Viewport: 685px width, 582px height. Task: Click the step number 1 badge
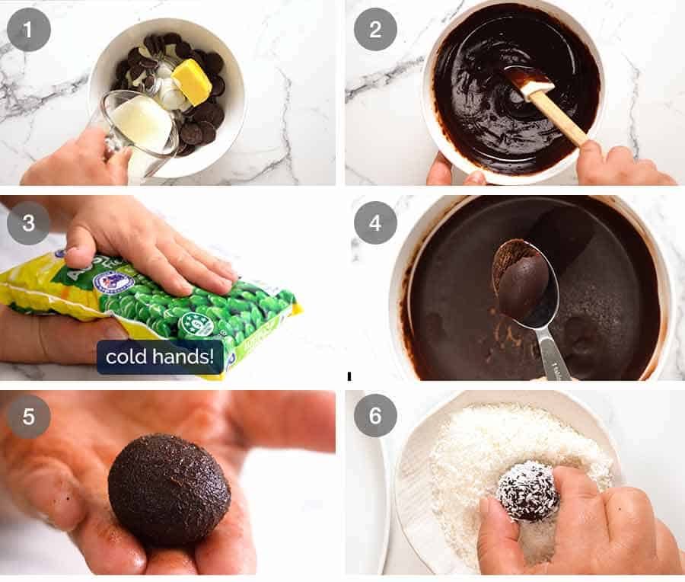[x=29, y=30]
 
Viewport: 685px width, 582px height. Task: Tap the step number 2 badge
[x=374, y=30]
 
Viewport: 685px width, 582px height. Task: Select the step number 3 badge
[x=29, y=222]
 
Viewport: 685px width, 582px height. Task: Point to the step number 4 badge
[x=374, y=222]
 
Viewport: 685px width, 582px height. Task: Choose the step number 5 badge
[x=29, y=416]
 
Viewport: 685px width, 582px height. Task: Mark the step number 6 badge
[x=374, y=416]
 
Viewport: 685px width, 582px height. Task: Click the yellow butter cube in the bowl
[x=192, y=82]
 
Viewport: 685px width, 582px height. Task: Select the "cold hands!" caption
[x=160, y=357]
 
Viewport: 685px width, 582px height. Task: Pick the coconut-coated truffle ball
[x=527, y=491]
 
